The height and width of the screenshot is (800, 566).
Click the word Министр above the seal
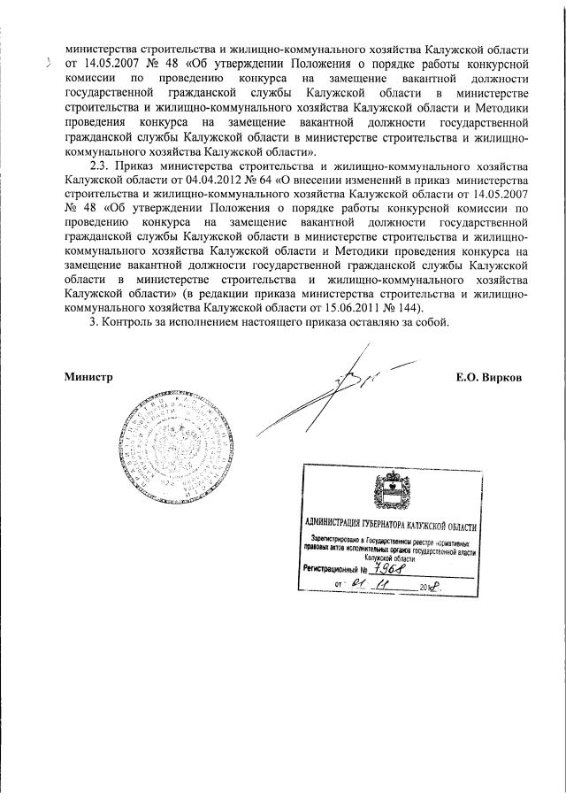(x=89, y=377)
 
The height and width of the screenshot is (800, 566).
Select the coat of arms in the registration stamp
(x=388, y=490)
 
